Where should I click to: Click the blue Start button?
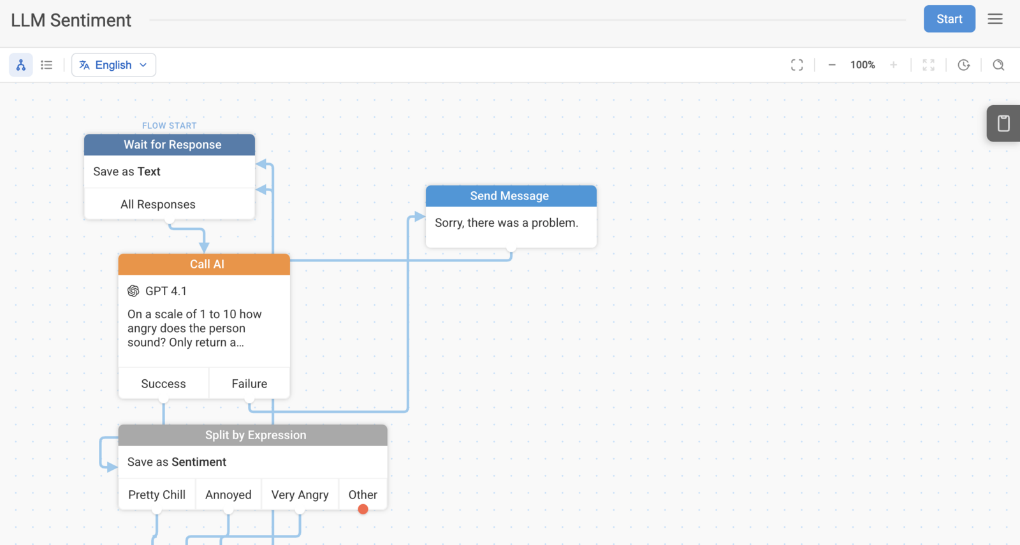click(949, 18)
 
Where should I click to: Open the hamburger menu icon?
click(995, 18)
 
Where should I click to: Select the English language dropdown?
click(113, 64)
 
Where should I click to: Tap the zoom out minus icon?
click(831, 64)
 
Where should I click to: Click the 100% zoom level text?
click(863, 64)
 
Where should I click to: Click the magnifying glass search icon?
click(998, 64)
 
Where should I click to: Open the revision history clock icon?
click(963, 64)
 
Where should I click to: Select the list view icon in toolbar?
click(47, 64)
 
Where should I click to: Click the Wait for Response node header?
click(170, 144)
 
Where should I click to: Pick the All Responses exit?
click(158, 204)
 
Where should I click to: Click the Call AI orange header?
click(204, 264)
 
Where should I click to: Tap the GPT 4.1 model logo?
click(133, 291)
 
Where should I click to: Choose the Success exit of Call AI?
click(163, 383)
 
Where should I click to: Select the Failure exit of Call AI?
click(249, 383)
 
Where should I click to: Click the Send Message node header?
click(511, 196)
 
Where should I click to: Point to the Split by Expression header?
click(252, 435)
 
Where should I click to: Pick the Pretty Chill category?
click(157, 495)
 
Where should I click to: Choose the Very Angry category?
click(300, 495)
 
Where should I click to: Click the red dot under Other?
click(363, 509)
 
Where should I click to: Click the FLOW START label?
click(170, 126)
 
